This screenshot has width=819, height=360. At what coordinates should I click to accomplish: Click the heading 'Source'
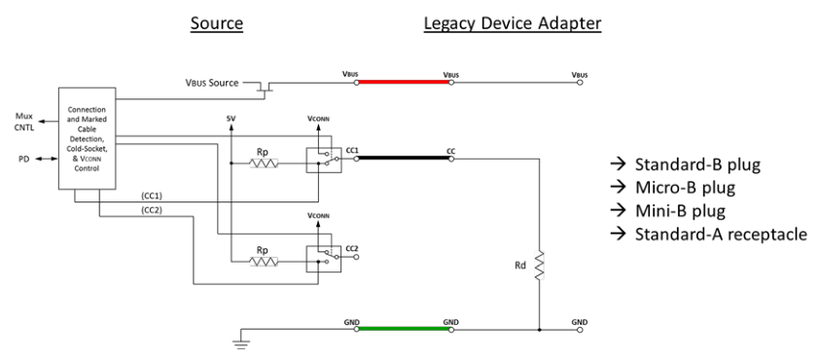[220, 21]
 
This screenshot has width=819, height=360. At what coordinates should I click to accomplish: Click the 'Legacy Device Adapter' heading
[513, 21]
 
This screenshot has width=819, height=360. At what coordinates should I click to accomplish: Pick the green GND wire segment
[404, 329]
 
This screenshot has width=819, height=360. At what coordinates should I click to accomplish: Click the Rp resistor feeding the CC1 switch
[263, 163]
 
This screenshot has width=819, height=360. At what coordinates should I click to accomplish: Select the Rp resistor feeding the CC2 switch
[263, 262]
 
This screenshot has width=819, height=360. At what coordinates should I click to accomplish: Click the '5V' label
[231, 120]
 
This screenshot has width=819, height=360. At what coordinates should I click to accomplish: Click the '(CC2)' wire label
[151, 210]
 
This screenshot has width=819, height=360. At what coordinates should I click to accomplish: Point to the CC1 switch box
[317, 159]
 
